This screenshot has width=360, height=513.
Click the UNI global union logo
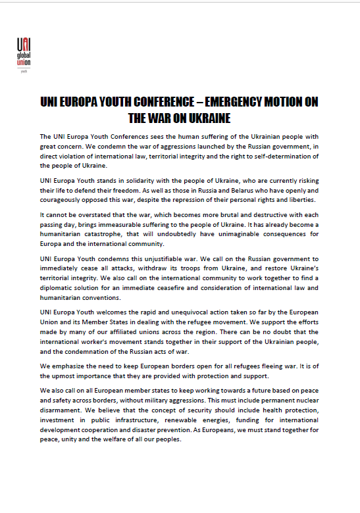click(x=24, y=50)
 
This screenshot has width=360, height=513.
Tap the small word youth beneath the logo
click(x=24, y=69)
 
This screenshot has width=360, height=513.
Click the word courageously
click(x=64, y=199)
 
